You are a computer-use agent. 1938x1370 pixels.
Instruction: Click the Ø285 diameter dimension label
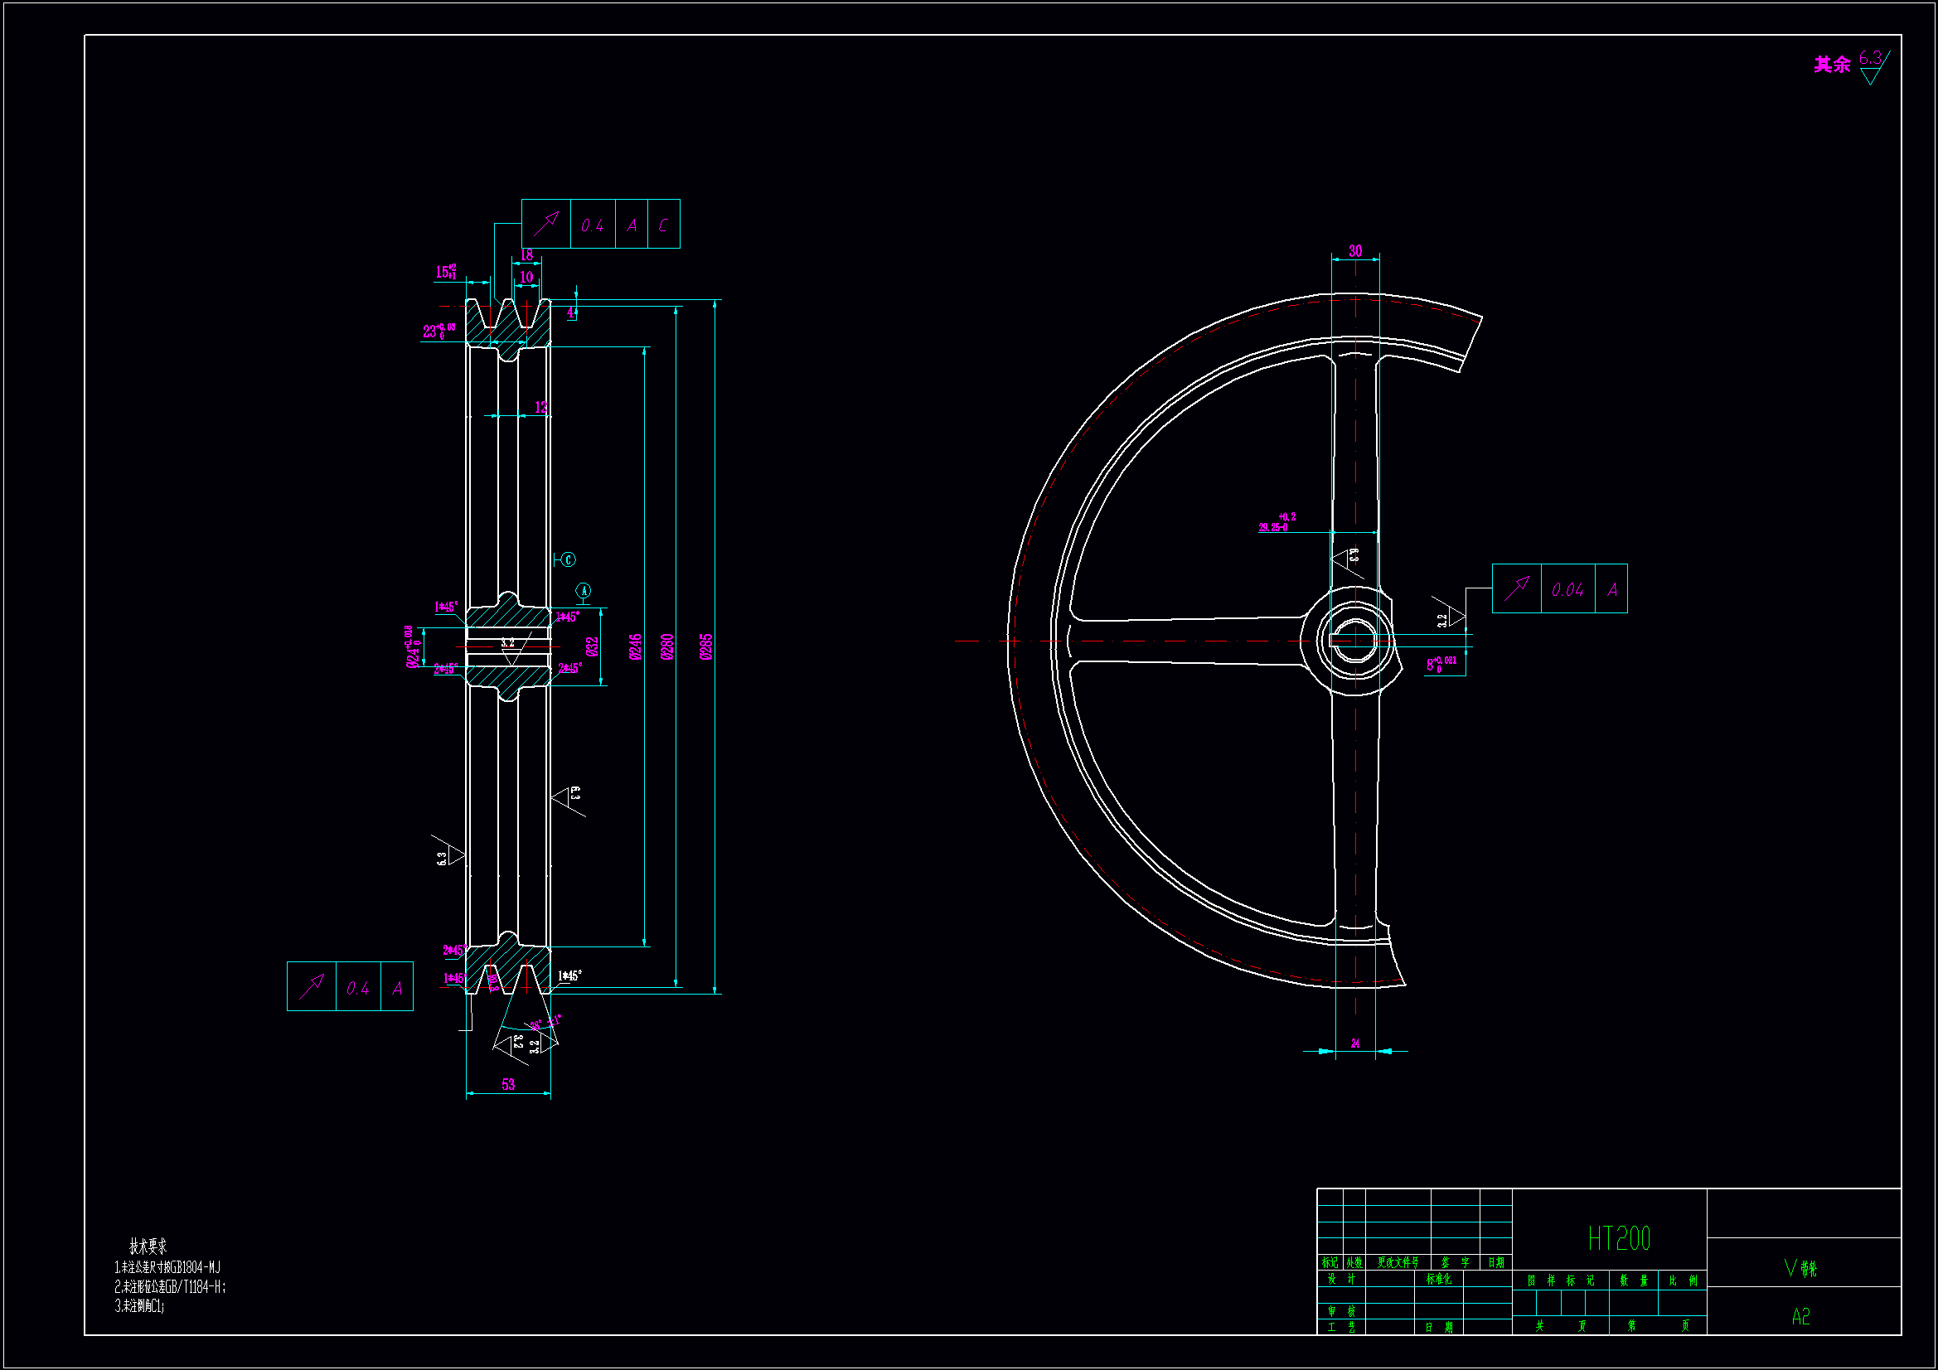pos(706,646)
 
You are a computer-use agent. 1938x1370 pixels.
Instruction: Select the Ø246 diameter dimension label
pos(636,646)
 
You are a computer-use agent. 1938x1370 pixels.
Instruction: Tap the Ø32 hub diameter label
pos(592,646)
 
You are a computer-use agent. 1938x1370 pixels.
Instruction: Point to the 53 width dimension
pos(508,1085)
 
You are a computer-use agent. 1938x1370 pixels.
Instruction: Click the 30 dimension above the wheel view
pos(1354,250)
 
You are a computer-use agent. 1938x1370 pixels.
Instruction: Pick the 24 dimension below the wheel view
pos(1354,1044)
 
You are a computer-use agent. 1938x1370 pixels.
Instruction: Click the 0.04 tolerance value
pos(1567,590)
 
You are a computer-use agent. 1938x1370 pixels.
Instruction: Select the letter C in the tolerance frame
pos(663,225)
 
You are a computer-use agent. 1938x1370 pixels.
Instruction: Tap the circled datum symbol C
pos(569,559)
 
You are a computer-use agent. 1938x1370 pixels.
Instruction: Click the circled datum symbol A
pos(584,590)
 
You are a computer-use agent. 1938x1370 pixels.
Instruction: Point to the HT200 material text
pos(1618,1239)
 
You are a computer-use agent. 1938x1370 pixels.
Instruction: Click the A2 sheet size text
pos(1800,1317)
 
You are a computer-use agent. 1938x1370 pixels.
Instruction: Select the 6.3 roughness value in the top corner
pos(1870,58)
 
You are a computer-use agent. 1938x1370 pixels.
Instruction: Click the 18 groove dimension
pos(526,255)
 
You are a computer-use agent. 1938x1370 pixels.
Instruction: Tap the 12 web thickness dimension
pos(541,408)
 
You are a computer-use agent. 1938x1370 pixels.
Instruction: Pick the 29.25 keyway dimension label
pos(1274,528)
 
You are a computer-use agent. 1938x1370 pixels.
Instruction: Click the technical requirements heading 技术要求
pos(148,1246)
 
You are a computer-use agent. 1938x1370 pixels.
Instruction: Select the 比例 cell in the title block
pos(1682,1280)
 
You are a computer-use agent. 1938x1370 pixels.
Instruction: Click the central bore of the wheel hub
pos(1354,640)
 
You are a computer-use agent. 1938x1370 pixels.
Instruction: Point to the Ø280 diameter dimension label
pos(666,646)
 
